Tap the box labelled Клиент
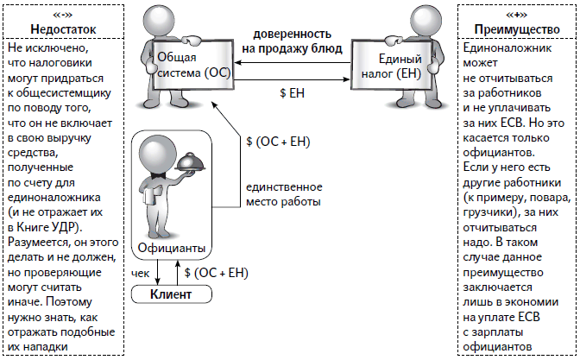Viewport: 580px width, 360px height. tap(170, 294)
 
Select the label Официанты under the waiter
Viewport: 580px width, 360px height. tap(172, 249)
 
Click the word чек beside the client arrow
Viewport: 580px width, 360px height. tap(142, 273)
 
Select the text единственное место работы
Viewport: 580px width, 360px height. tap(283, 194)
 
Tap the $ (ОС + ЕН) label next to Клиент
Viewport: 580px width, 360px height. tap(217, 273)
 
